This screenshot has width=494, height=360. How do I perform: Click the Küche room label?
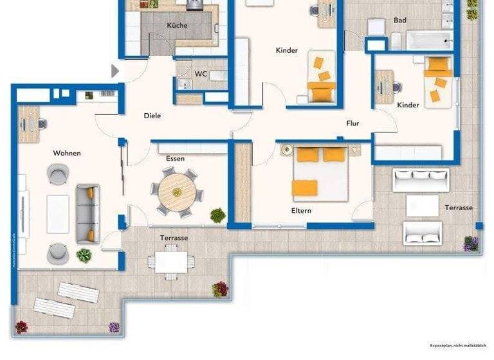pyautogui.click(x=177, y=26)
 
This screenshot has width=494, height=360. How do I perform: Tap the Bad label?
pyautogui.click(x=399, y=21)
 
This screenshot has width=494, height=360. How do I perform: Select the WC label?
pyautogui.click(x=201, y=74)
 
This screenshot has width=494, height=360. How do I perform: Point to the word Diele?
pyautogui.click(x=152, y=116)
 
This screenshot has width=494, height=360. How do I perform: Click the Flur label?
pyautogui.click(x=352, y=123)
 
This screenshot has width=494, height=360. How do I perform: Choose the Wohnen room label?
pyautogui.click(x=67, y=153)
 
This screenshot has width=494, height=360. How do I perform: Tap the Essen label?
pyautogui.click(x=175, y=158)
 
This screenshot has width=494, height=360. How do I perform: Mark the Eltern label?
pyautogui.click(x=302, y=210)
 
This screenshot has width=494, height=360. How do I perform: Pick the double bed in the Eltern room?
pyautogui.click(x=320, y=172)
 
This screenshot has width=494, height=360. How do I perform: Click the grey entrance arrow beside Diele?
pyautogui.click(x=115, y=71)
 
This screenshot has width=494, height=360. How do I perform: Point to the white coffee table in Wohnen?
pyautogui.click(x=58, y=213)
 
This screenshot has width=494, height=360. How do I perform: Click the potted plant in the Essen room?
pyautogui.click(x=218, y=215)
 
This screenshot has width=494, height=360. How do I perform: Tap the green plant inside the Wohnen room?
pyautogui.click(x=84, y=256)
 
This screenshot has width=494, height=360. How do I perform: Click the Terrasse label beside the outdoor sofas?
pyautogui.click(x=459, y=208)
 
